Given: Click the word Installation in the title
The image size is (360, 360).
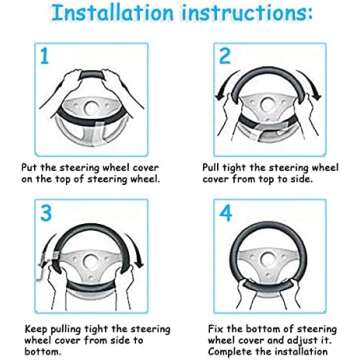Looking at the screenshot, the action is click(113, 12).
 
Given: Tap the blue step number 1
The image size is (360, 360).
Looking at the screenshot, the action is click(44, 56).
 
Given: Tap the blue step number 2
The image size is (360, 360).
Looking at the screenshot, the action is click(225, 56).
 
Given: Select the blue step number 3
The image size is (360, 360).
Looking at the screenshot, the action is click(46, 213).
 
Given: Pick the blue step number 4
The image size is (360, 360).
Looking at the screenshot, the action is click(226, 213).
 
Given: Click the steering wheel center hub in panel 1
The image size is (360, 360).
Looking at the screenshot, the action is click(90, 107).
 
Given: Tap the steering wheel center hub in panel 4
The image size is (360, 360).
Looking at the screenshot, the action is click(267, 258).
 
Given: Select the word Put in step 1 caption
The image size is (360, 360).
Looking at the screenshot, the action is click(28, 167).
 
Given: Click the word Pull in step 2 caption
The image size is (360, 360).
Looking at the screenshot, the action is click(211, 167).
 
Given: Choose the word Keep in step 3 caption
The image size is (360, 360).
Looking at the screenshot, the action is click(36, 329).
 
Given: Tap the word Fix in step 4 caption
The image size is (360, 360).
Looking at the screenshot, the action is click(215, 329).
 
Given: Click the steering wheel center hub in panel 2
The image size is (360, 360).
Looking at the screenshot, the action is click(267, 105).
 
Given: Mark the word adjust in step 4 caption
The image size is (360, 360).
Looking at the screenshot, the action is click(302, 341).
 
